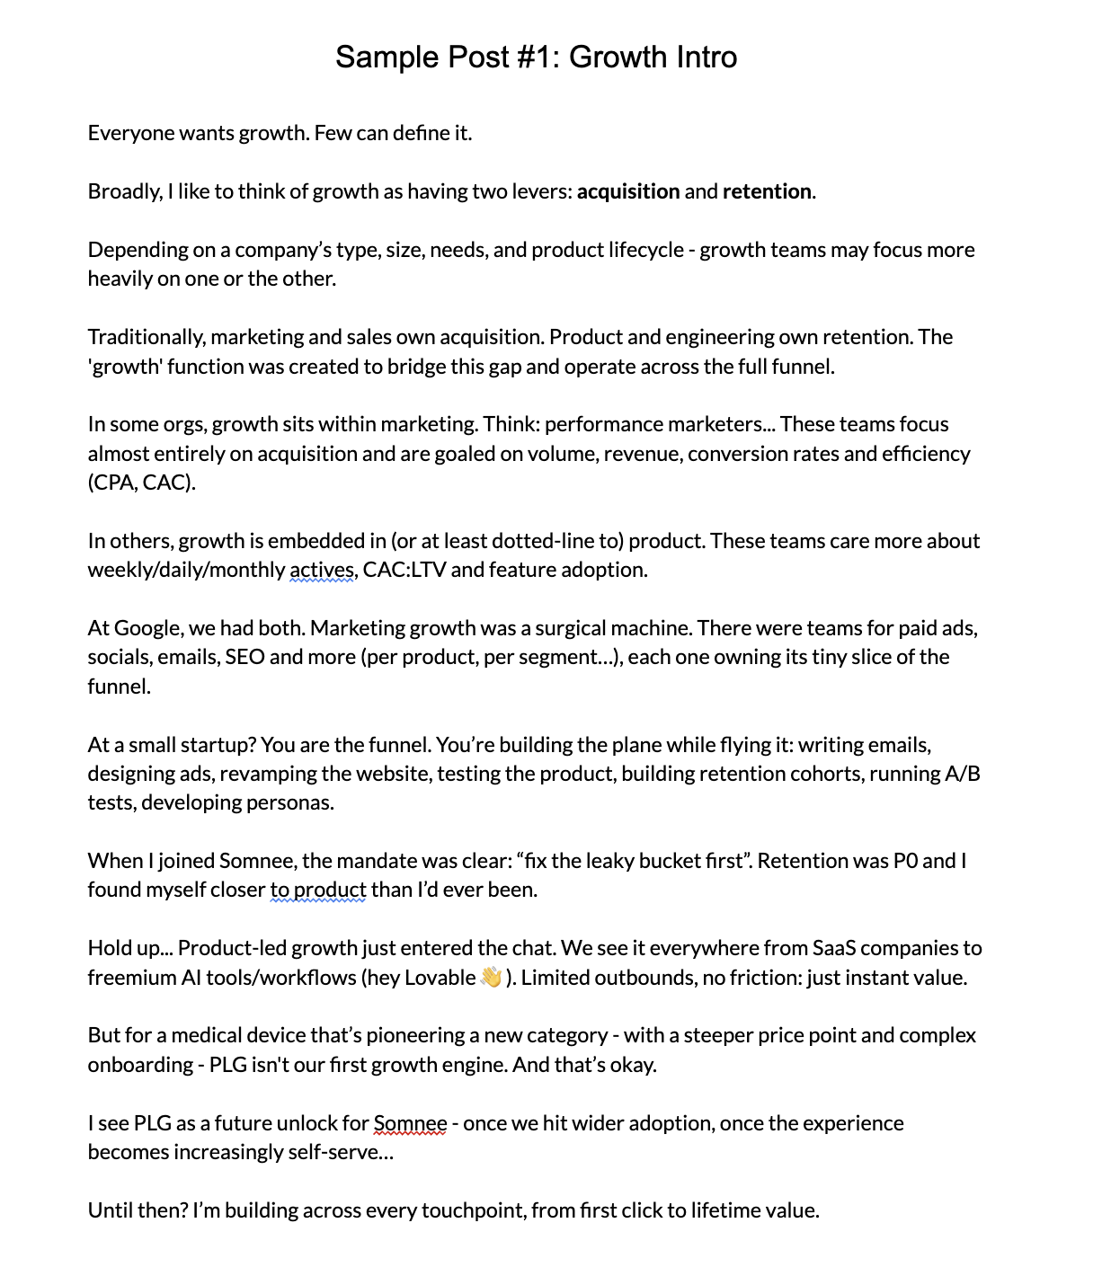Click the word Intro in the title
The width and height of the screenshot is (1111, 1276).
(698, 57)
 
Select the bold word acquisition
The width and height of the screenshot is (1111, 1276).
(628, 191)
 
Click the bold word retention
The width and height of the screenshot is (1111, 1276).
(767, 191)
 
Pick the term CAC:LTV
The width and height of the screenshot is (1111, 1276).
(404, 570)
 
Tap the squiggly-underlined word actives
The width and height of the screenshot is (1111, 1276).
(322, 570)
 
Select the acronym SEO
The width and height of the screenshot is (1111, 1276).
(244, 657)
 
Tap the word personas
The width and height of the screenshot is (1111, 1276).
(294, 802)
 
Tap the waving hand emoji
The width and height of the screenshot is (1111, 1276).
(491, 977)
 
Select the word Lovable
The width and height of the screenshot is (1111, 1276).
(440, 978)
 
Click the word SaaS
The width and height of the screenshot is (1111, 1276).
(836, 948)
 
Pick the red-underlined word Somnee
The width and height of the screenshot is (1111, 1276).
(410, 1123)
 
